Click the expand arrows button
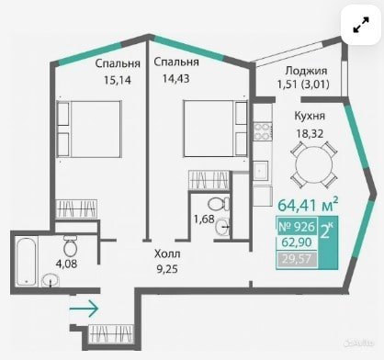click(361, 25)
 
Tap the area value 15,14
click(118, 80)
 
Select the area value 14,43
click(176, 79)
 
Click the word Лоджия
click(306, 71)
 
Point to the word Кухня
click(310, 116)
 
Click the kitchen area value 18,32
click(310, 133)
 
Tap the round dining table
click(314, 164)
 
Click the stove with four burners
click(263, 131)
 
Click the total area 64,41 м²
click(308, 205)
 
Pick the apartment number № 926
click(297, 227)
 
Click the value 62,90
click(297, 242)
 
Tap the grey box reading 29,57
click(297, 259)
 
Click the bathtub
click(27, 262)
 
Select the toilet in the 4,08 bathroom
click(70, 245)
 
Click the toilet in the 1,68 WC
click(219, 204)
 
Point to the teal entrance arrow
click(84, 309)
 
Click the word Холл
click(167, 253)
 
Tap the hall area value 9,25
click(167, 269)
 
